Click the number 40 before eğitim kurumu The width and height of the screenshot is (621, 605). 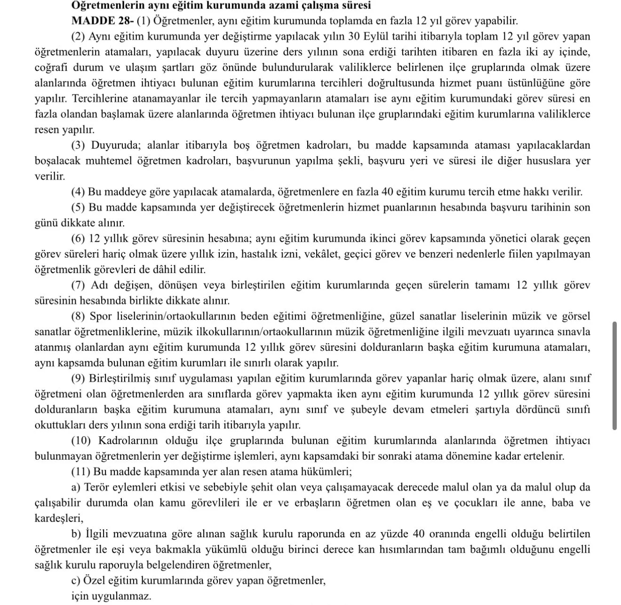[387, 192]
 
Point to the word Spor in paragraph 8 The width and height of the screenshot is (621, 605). [100, 316]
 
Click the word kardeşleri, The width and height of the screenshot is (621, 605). [59, 518]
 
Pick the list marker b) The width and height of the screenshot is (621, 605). [77, 534]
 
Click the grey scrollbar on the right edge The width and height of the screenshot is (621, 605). [614, 376]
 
